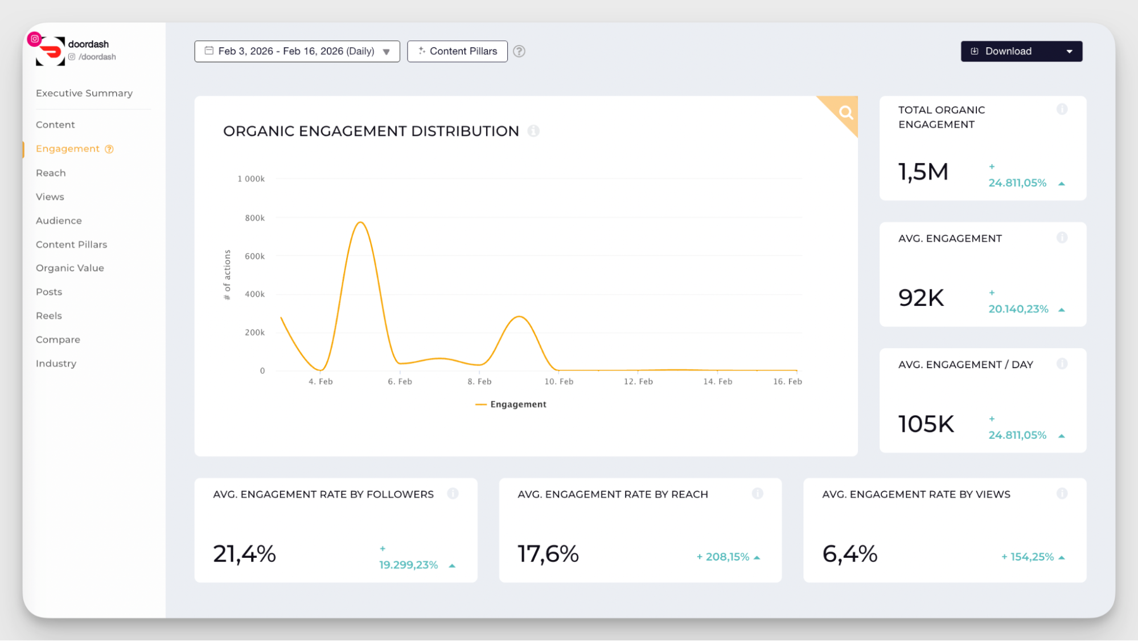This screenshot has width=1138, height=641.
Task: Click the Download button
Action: [1008, 51]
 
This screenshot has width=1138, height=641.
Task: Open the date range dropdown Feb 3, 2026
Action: [297, 51]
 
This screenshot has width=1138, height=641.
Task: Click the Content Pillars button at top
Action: [457, 51]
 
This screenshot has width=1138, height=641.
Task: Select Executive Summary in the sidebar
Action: [84, 93]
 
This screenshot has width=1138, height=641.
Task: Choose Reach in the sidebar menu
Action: [51, 173]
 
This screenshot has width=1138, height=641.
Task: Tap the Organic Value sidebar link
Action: [70, 268]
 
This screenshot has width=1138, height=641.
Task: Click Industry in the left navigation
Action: [56, 364]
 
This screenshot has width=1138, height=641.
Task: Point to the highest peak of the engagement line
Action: [360, 222]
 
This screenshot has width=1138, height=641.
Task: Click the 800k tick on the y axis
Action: [254, 218]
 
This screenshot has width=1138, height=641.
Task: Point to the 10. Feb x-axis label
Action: [558, 382]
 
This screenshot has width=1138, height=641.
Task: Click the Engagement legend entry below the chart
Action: [511, 405]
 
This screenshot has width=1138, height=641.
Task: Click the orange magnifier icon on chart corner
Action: [846, 112]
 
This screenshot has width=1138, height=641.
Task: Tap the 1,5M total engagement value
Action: [923, 172]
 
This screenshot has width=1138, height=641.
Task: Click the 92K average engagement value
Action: [921, 298]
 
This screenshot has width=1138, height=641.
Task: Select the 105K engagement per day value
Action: [926, 424]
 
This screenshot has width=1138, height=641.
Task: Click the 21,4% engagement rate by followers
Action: [244, 554]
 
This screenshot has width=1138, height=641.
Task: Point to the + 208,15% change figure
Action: [723, 557]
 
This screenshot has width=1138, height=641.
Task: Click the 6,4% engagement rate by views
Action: [849, 554]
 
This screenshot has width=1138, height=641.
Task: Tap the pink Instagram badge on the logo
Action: [35, 39]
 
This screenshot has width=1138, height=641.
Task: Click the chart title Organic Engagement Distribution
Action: [371, 131]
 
